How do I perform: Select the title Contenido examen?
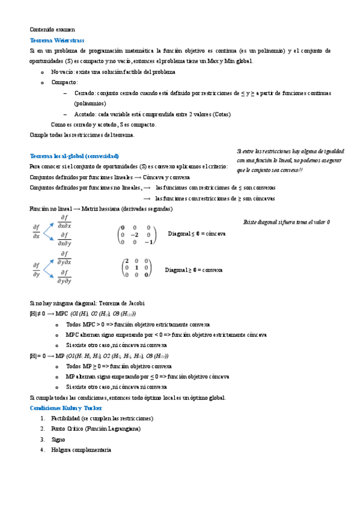[x=52, y=29]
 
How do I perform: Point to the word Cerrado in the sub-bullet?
[x=86, y=93]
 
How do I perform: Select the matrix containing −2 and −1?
[x=136, y=235]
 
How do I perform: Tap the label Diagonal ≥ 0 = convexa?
[x=194, y=271]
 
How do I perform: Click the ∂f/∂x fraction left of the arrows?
[x=36, y=231]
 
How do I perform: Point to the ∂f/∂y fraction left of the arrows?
[x=36, y=269]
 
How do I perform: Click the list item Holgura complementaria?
[x=81, y=450]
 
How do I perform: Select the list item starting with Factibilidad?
[x=102, y=417]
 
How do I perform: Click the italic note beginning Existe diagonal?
[x=286, y=222]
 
